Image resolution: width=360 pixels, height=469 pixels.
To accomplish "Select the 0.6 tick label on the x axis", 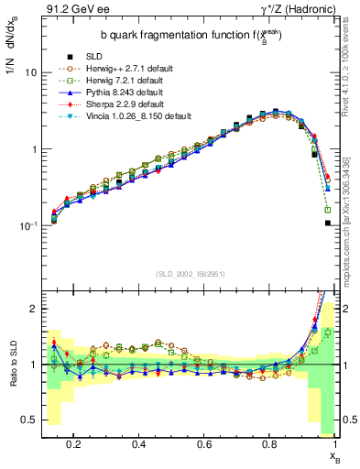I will pyautogui.click(x=205, y=448).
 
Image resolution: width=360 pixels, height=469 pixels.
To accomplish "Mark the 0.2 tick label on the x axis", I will pyautogui.click(x=74, y=448).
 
